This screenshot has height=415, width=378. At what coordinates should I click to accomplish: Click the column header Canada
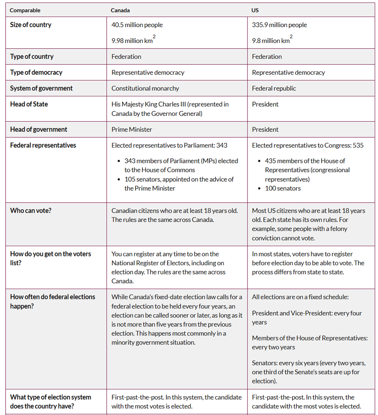click(120, 10)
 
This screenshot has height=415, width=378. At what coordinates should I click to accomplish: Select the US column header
click(255, 10)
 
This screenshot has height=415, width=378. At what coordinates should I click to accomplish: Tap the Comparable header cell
click(25, 10)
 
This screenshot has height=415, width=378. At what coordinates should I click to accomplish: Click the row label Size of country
click(31, 25)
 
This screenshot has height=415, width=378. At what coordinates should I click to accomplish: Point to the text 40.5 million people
click(137, 25)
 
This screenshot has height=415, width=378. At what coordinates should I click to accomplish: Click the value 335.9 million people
click(279, 25)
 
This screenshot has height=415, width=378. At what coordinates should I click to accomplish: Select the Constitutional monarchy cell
click(145, 88)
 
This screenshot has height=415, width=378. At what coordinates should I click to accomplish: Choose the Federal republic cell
click(273, 88)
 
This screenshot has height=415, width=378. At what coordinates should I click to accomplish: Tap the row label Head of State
click(29, 104)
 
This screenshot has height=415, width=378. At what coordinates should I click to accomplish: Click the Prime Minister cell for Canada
click(131, 129)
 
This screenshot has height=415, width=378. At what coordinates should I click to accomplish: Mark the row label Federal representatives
click(43, 145)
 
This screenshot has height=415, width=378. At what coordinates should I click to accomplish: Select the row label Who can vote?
click(30, 211)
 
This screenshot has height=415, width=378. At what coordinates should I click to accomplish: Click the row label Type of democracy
click(36, 73)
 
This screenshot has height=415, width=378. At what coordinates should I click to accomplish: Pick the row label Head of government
click(38, 129)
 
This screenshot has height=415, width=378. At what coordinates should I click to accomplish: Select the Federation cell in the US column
click(267, 56)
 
